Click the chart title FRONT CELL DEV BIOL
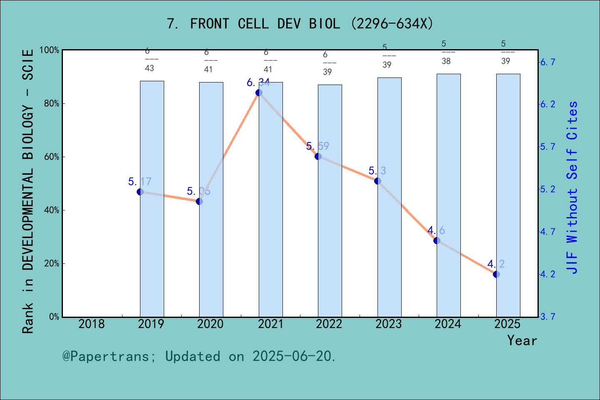pyautogui.click(x=300, y=24)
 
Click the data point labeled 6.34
pyautogui.click(x=259, y=92)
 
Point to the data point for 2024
pyautogui.click(x=437, y=240)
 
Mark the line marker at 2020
pyautogui.click(x=199, y=201)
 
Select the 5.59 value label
pyautogui.click(x=317, y=146)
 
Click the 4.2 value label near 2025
pyautogui.click(x=496, y=264)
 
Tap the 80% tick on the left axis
pyautogui.click(x=52, y=104)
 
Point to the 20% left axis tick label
pyautogui.click(x=52, y=264)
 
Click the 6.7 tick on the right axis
pyautogui.click(x=547, y=62)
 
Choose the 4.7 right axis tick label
pyautogui.click(x=547, y=232)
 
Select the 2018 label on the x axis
pyautogui.click(x=92, y=324)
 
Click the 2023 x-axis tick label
pyautogui.click(x=388, y=324)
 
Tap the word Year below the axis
pyautogui.click(x=522, y=340)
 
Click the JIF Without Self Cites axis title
pyautogui.click(x=572, y=187)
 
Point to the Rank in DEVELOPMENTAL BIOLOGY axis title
pyautogui.click(x=28, y=192)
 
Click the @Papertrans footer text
pyautogui.click(x=199, y=356)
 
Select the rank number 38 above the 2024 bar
pyautogui.click(x=446, y=61)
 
